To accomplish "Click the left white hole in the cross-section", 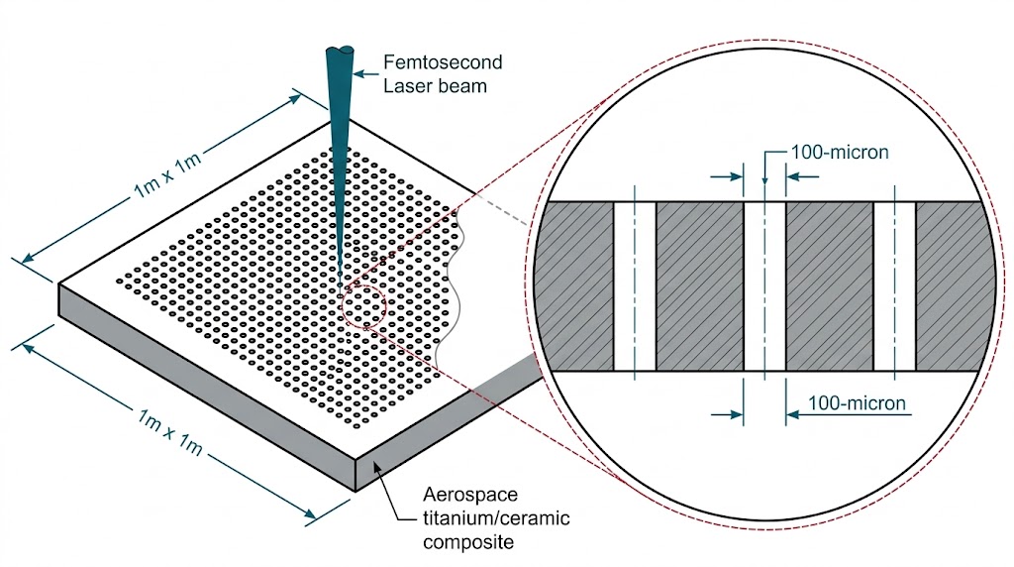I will coord(635,286).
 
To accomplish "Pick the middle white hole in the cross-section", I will coord(764,286).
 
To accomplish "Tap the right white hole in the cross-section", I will coord(894,286).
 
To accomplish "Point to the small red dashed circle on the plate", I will coord(361,307).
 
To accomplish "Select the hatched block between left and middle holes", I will coord(699,286).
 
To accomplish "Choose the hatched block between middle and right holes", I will coord(830,286).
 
